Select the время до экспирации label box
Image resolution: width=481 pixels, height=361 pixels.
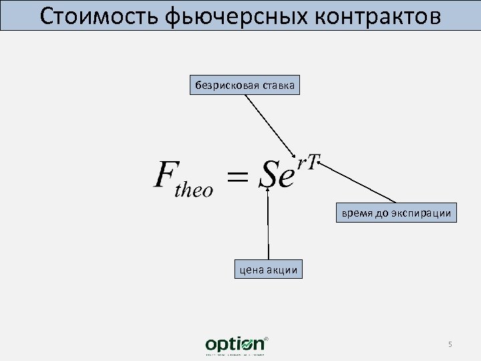pyautogui.click(x=396, y=213)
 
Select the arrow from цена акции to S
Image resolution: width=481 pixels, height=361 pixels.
pyautogui.click(x=268, y=224)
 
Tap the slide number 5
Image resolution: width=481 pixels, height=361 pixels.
pyautogui.click(x=450, y=344)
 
